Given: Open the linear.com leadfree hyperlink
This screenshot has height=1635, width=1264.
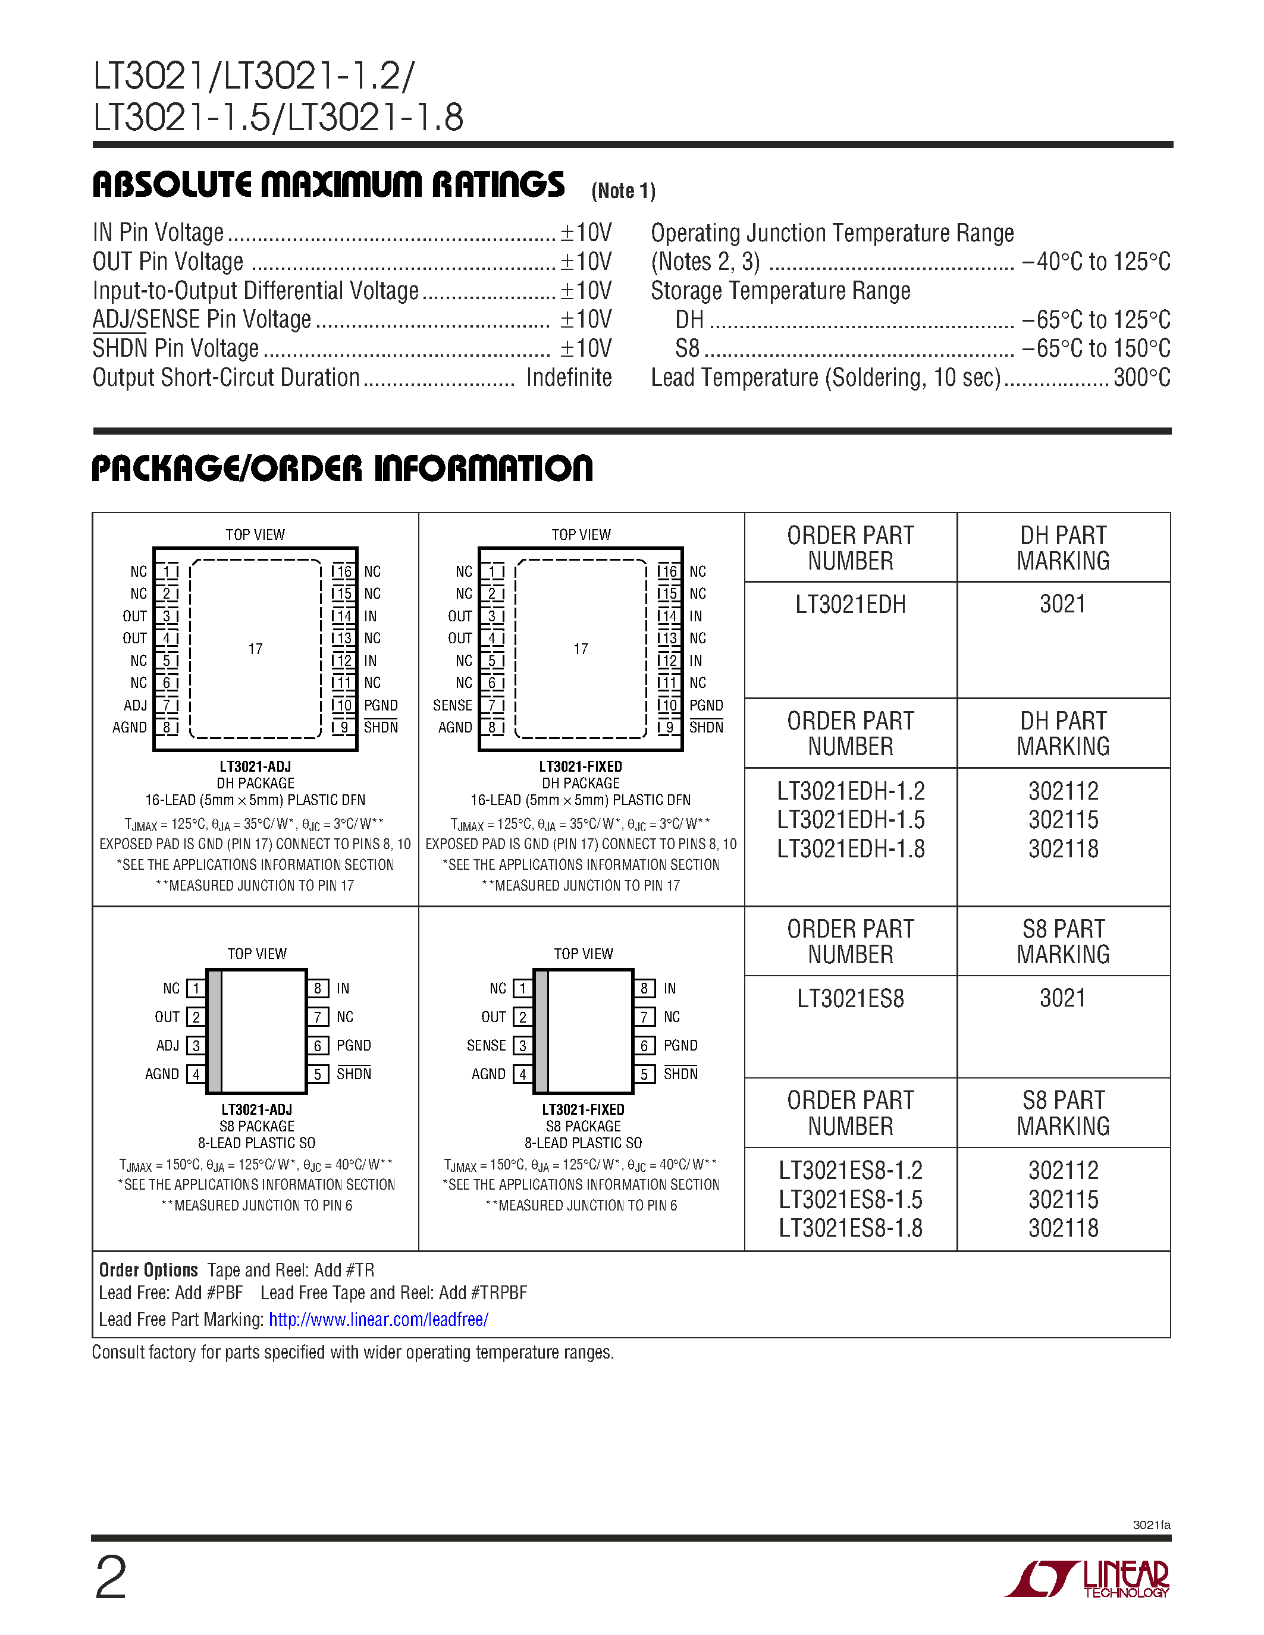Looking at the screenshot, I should pyautogui.click(x=378, y=1320).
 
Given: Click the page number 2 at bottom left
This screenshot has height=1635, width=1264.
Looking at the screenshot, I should pyautogui.click(x=111, y=1578).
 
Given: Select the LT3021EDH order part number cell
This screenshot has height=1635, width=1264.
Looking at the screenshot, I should pyautogui.click(x=850, y=605).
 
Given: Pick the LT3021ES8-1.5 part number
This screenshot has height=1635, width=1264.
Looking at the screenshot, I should pyautogui.click(x=850, y=1199).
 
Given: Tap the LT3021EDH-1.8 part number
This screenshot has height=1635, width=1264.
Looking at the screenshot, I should pyautogui.click(x=850, y=849).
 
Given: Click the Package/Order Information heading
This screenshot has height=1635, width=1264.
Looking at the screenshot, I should pyautogui.click(x=341, y=469).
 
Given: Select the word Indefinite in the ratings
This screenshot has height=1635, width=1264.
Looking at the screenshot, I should pyautogui.click(x=568, y=378).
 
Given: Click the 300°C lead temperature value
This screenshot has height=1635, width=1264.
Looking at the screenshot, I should pyautogui.click(x=1141, y=378).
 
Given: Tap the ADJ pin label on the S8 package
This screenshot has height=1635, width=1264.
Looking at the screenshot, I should pyautogui.click(x=167, y=1045).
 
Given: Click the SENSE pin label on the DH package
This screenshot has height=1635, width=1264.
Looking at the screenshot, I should pyautogui.click(x=452, y=705).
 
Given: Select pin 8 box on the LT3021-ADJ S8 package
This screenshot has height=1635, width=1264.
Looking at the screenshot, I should pyautogui.click(x=318, y=988).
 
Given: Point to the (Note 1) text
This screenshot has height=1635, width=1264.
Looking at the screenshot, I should pyautogui.click(x=623, y=191).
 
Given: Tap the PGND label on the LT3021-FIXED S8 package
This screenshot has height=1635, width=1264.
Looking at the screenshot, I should pyautogui.click(x=680, y=1045).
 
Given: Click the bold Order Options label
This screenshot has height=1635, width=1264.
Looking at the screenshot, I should pyautogui.click(x=148, y=1271).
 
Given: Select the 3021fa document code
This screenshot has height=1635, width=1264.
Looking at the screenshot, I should pyautogui.click(x=1151, y=1525).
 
